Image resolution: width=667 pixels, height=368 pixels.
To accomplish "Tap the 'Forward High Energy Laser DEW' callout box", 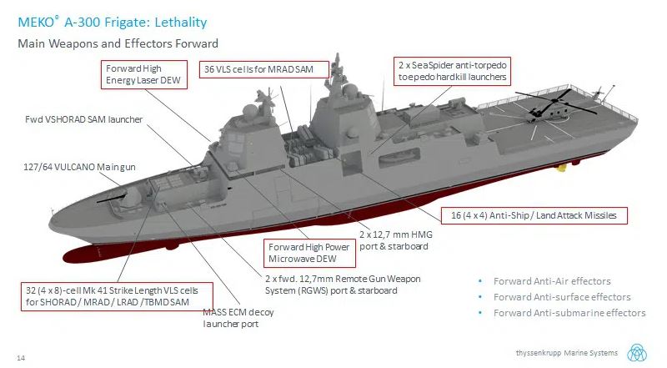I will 143,73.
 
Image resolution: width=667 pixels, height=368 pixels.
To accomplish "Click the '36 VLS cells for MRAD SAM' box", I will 258,69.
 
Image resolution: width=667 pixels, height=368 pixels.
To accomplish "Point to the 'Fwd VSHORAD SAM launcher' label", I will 83,119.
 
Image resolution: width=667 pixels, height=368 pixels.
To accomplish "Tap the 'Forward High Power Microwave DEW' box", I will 308,252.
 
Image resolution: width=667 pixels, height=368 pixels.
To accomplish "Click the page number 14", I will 21,357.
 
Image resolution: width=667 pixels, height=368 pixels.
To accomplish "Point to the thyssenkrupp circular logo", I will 640,352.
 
